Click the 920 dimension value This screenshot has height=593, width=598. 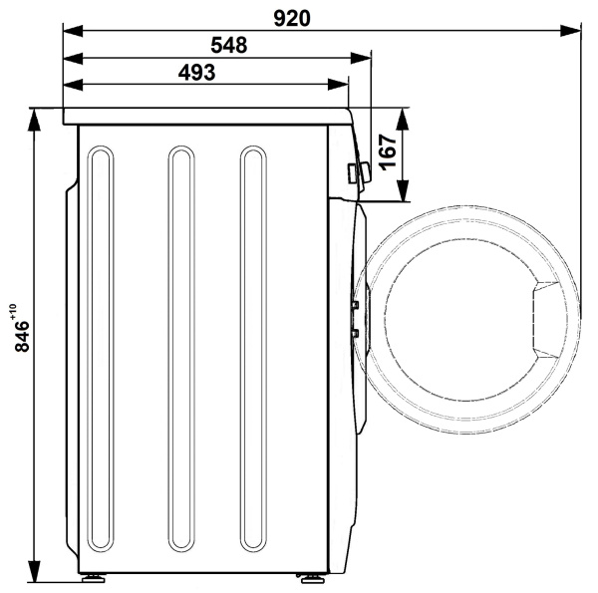[x=292, y=18]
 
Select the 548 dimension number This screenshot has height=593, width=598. [x=229, y=45]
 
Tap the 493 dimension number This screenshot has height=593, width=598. [x=196, y=72]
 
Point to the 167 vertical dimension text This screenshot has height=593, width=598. [x=387, y=151]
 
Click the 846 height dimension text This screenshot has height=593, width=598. [x=22, y=336]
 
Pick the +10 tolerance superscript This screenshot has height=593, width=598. [x=13, y=311]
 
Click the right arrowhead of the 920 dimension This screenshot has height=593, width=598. [x=570, y=31]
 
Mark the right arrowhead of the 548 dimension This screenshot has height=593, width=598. [x=361, y=59]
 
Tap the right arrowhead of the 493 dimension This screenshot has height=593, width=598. [x=338, y=85]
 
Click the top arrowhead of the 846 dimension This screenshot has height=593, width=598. [x=34, y=120]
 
